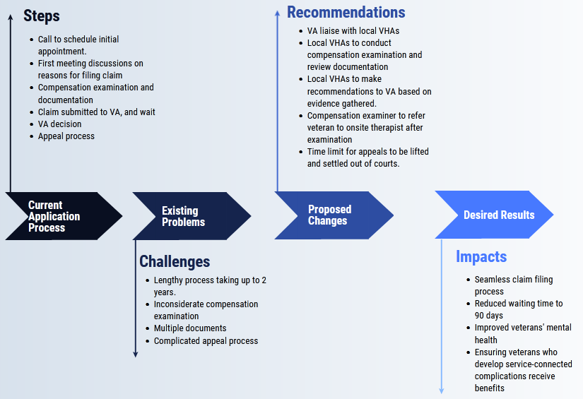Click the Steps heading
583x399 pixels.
[42, 16]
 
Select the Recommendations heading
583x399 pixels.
[346, 13]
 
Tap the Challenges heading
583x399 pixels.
[175, 261]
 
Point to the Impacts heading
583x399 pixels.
[481, 256]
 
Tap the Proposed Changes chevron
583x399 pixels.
[329, 215]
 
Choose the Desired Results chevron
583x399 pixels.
[497, 215]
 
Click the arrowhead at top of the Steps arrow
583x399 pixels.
[11, 16]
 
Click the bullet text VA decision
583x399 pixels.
[59, 124]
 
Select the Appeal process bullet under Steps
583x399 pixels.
[66, 136]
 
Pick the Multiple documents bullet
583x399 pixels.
[190, 328]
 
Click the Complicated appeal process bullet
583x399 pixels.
[206, 340]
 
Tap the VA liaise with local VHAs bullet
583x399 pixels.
[353, 31]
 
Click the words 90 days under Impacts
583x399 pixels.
[488, 315]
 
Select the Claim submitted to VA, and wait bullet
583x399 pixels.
[96, 112]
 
